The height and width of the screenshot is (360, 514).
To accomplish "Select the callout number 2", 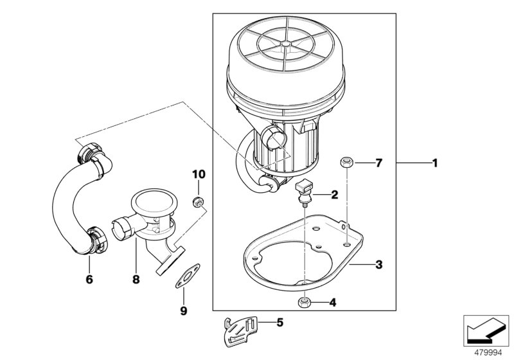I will (x=333, y=194).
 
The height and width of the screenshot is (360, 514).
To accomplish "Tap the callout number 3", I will (x=378, y=264).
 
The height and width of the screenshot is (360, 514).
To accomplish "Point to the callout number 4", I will (x=333, y=301).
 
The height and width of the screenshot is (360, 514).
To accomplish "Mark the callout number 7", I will (x=378, y=163).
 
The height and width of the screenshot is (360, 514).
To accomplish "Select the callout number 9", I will (x=182, y=310).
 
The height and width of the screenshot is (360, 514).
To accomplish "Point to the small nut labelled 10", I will (x=199, y=203).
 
